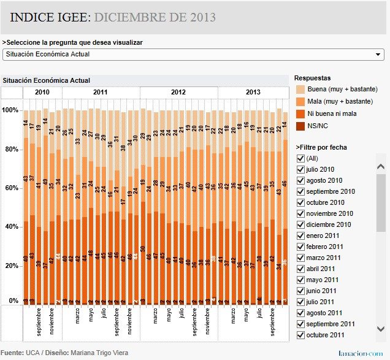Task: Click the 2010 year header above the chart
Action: (42, 92)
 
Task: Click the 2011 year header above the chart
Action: (101, 92)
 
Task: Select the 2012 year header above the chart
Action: (178, 92)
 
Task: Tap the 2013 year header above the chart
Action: (253, 92)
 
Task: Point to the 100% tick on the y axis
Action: (10, 110)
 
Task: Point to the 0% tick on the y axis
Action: (13, 301)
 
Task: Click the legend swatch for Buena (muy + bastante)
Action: (300, 90)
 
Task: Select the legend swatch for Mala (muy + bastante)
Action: (300, 102)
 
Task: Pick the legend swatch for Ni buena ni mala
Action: (300, 114)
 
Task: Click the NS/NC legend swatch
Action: (300, 126)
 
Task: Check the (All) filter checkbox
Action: (300, 158)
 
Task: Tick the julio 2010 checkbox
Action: (300, 169)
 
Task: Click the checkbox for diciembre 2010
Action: (300, 224)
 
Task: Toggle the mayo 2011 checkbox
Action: (300, 280)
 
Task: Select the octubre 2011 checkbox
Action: (300, 335)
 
